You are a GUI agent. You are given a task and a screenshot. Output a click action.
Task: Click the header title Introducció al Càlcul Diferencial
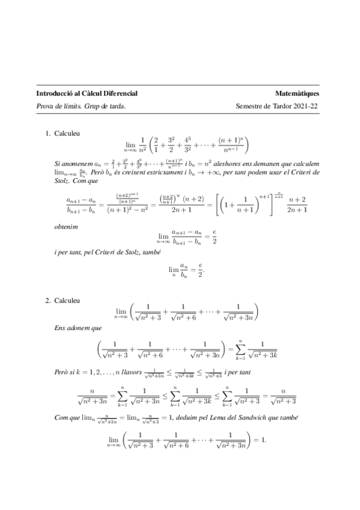(87, 94)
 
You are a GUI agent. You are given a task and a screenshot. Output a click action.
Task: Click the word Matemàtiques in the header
(297, 94)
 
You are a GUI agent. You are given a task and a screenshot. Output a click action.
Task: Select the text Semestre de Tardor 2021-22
(278, 106)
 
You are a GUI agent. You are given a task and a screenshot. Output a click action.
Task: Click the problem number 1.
(47, 133)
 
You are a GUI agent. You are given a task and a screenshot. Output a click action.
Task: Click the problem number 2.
(47, 299)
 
